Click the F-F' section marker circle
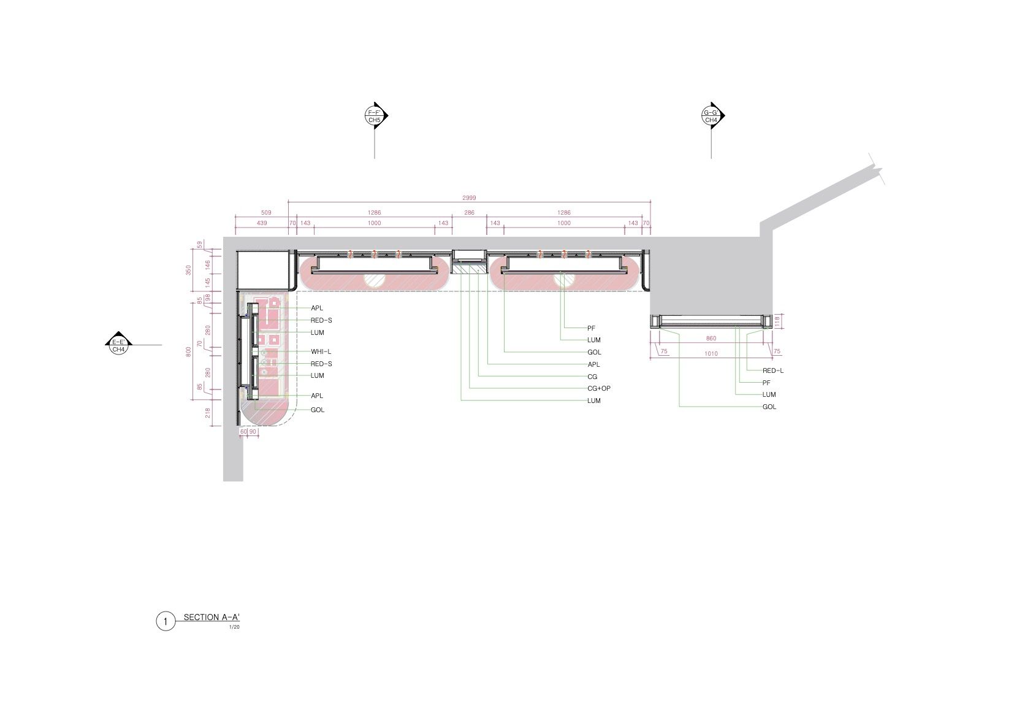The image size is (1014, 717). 375,116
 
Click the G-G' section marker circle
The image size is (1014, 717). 711,116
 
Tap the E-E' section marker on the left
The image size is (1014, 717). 118,345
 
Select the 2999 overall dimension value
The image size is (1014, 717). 469,198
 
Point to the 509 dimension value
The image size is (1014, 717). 266,212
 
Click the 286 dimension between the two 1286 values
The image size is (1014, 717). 469,212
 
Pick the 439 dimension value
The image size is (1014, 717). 262,223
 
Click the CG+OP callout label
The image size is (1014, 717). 599,389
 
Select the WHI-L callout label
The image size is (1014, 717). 321,351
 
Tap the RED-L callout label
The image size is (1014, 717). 773,370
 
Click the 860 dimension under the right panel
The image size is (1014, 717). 711,339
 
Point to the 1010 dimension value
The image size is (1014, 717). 711,354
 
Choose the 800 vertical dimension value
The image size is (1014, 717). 188,351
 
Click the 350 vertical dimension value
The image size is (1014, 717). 188,270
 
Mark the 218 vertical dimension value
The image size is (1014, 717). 208,413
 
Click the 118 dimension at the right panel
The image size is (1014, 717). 777,321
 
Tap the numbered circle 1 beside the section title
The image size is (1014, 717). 166,621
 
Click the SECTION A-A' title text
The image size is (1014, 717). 212,618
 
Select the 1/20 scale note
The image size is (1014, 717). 234,627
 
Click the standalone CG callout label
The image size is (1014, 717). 592,377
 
